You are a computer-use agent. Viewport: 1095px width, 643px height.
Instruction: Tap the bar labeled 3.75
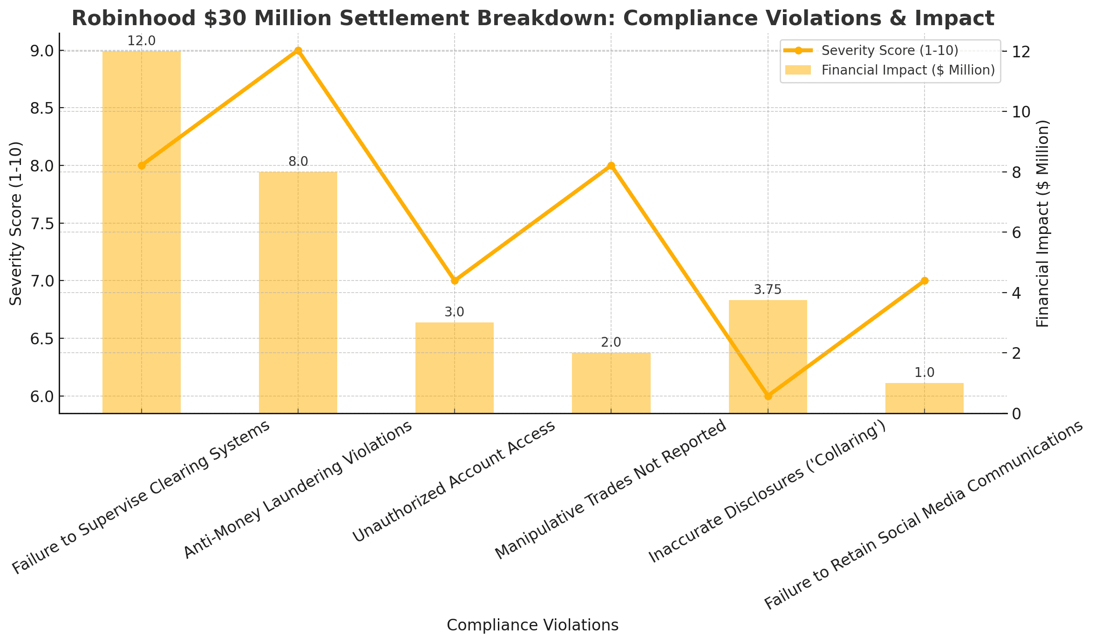click(x=768, y=356)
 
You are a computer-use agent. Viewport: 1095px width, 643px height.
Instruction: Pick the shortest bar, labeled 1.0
click(x=924, y=398)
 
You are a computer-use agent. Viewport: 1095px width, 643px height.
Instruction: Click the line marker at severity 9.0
click(x=298, y=51)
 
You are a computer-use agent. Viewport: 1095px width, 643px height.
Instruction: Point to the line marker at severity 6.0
click(x=768, y=396)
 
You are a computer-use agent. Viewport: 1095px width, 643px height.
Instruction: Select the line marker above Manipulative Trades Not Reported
click(x=611, y=165)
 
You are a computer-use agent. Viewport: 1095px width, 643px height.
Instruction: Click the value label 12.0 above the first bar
click(x=141, y=41)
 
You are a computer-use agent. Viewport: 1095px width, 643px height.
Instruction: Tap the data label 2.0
click(x=611, y=343)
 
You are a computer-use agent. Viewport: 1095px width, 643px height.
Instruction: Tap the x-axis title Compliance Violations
click(x=532, y=625)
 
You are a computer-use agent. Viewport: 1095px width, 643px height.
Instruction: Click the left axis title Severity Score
click(x=16, y=223)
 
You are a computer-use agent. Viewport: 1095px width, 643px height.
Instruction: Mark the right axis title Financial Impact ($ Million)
click(x=1042, y=223)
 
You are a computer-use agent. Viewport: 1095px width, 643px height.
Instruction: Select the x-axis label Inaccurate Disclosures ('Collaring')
click(x=767, y=492)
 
